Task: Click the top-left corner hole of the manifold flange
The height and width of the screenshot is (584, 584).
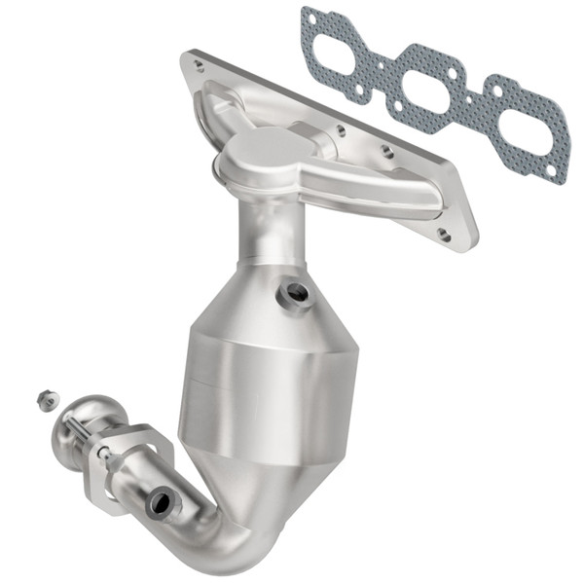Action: coord(199,65)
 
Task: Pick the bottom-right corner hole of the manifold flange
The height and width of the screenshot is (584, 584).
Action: coord(444,234)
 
